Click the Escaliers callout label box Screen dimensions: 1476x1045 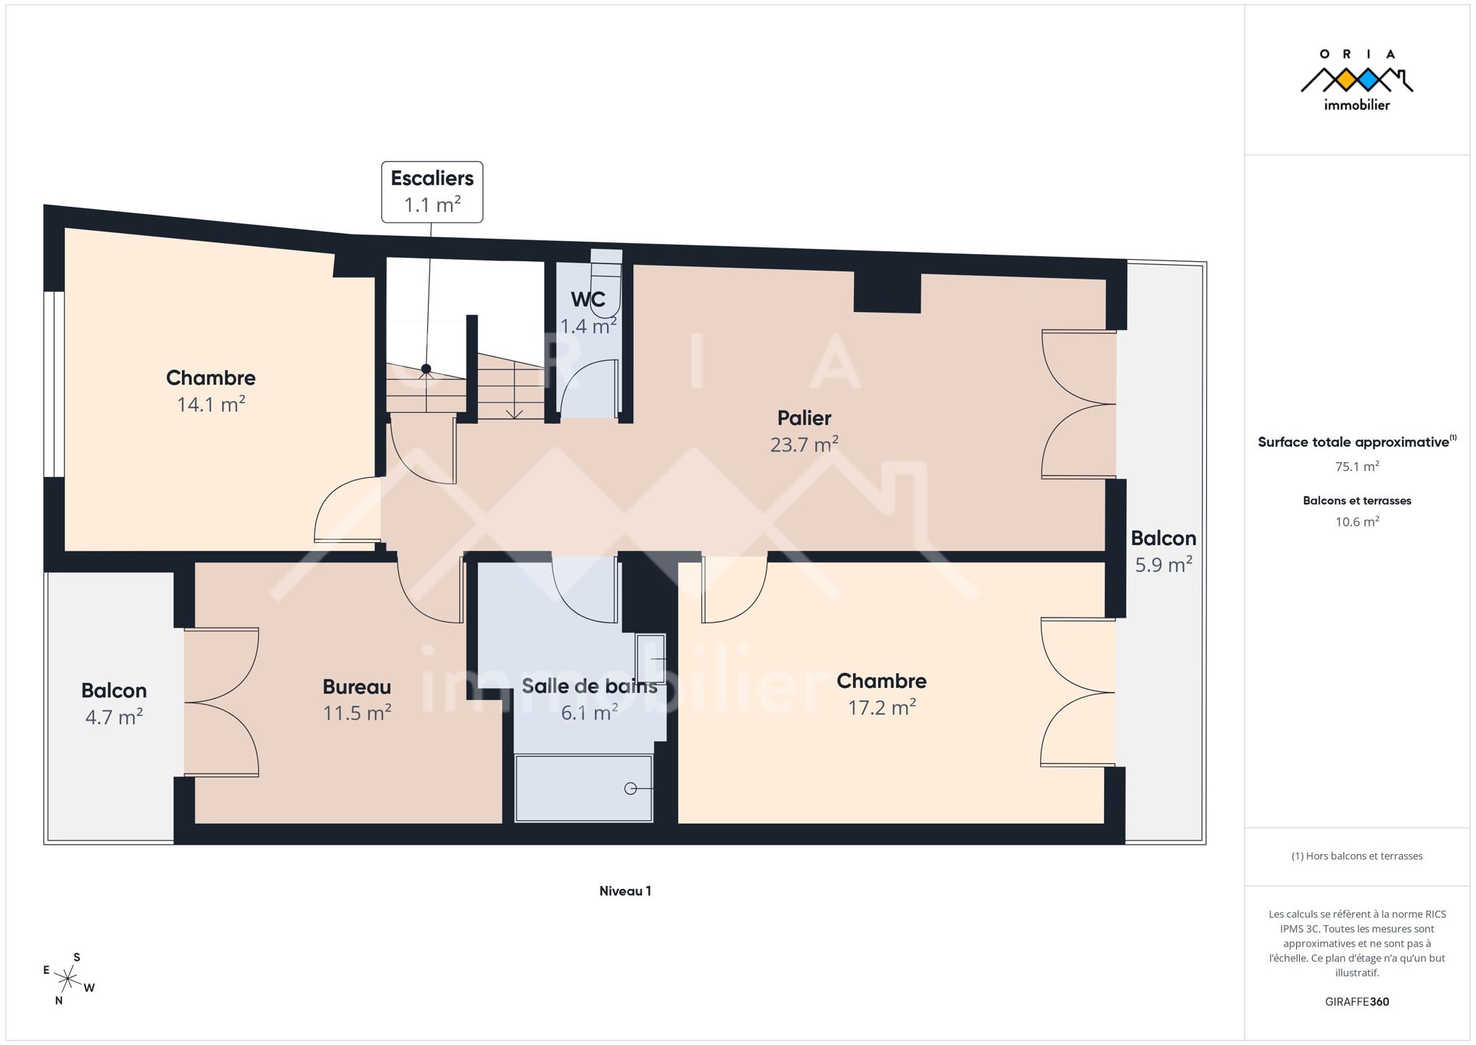[x=432, y=192]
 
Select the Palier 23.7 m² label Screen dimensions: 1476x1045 [x=804, y=431]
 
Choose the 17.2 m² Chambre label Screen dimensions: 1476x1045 [x=882, y=694]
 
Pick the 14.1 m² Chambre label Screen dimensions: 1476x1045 [x=211, y=390]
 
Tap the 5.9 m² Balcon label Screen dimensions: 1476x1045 [x=1163, y=552]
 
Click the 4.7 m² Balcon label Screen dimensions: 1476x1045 [x=114, y=703]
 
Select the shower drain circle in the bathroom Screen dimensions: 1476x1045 [x=630, y=788]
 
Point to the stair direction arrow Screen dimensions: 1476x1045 [x=514, y=390]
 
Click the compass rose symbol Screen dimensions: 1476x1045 [x=67, y=980]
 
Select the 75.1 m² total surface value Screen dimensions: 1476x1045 [x=1357, y=467]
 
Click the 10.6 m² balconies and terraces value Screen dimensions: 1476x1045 [x=1357, y=522]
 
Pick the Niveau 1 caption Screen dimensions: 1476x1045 [x=625, y=891]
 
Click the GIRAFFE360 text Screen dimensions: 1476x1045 [x=1357, y=1001]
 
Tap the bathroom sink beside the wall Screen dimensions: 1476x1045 [x=651, y=659]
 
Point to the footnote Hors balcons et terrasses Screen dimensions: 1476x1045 [x=1357, y=856]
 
